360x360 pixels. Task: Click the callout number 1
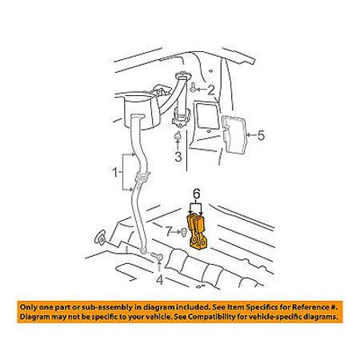point(114,172)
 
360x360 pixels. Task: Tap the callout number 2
point(210,90)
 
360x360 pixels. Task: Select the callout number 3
point(178,157)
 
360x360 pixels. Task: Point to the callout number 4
point(159,280)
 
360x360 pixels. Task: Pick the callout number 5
point(261,135)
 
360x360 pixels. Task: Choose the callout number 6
point(196,194)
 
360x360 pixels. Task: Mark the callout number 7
point(169,231)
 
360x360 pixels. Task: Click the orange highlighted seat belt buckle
point(198,231)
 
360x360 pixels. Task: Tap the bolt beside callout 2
point(194,87)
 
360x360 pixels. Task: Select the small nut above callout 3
point(177,136)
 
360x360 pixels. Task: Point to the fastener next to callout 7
point(184,232)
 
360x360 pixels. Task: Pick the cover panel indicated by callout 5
point(233,134)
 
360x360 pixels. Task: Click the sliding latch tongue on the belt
point(143,177)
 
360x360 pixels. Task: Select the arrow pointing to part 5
point(251,135)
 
